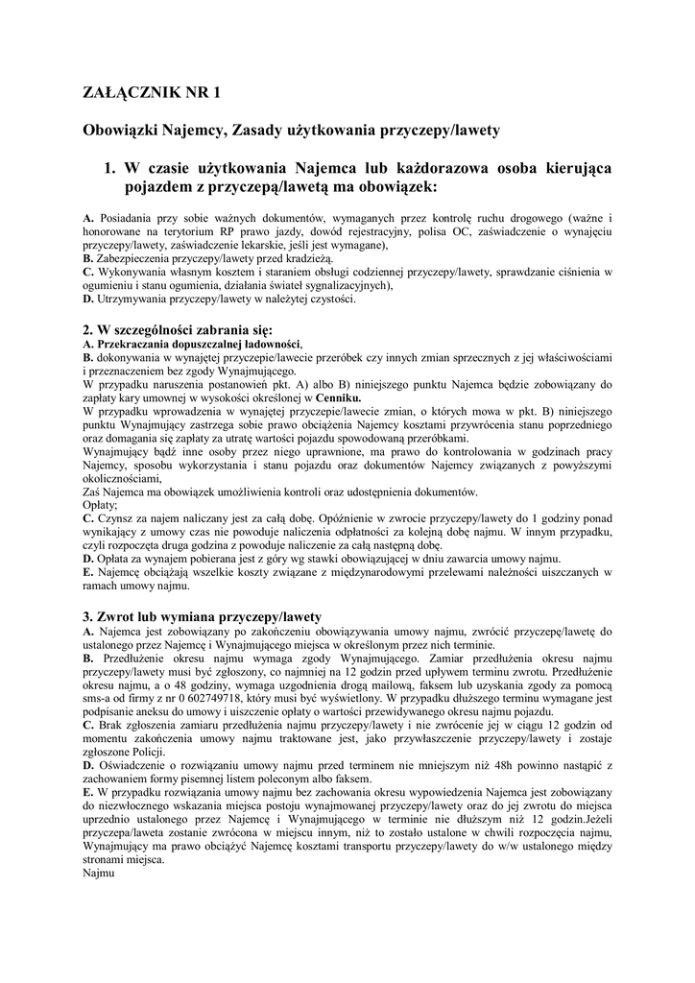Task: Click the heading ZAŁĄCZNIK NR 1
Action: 151,93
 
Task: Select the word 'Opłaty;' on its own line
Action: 101,504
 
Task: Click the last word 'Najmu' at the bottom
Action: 99,874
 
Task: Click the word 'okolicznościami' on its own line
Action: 122,477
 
